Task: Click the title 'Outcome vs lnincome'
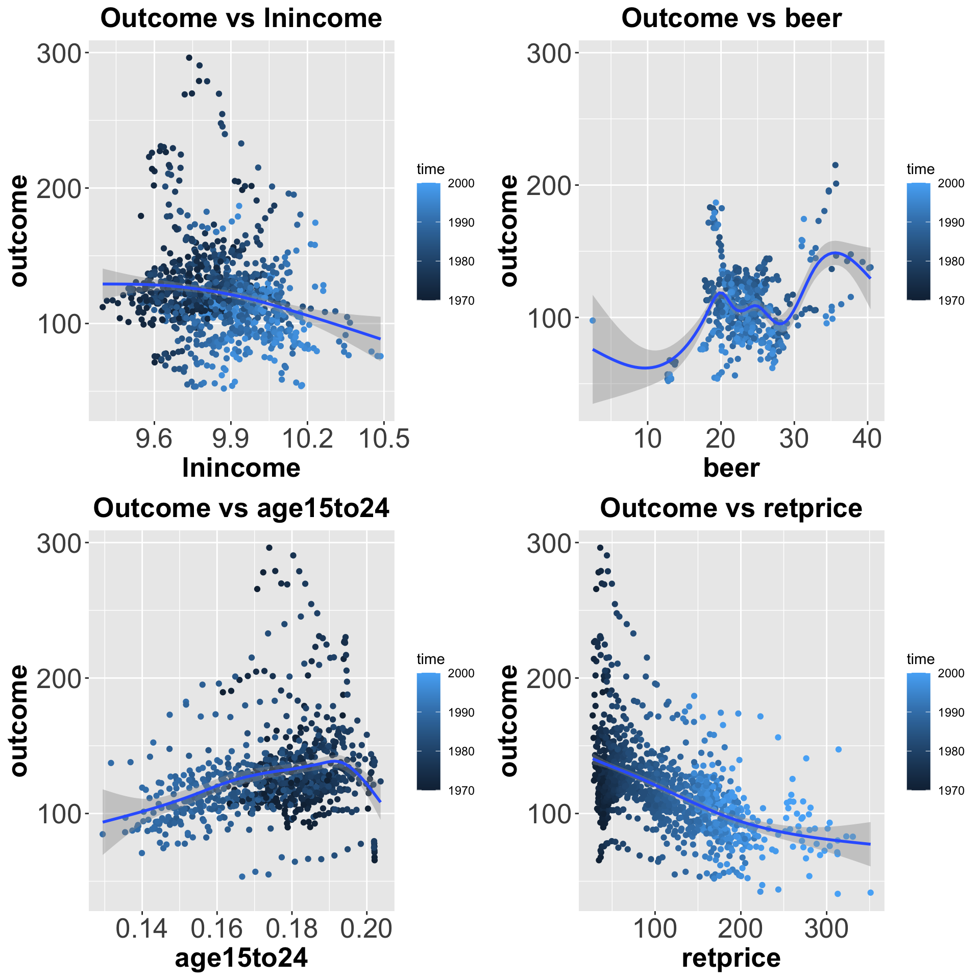click(241, 18)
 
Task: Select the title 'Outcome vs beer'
click(731, 18)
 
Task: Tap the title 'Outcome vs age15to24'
click(241, 508)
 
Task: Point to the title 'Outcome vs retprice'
click(731, 508)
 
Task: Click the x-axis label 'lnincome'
click(241, 468)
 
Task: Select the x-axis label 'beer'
click(731, 468)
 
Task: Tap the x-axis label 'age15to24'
click(241, 958)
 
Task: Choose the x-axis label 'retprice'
click(731, 958)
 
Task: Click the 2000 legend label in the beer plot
click(951, 184)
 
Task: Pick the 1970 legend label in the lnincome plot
click(461, 301)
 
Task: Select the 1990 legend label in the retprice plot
click(951, 713)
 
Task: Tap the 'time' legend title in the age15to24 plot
click(430, 659)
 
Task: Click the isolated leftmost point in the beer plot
click(593, 321)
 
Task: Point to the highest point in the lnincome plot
click(189, 58)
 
